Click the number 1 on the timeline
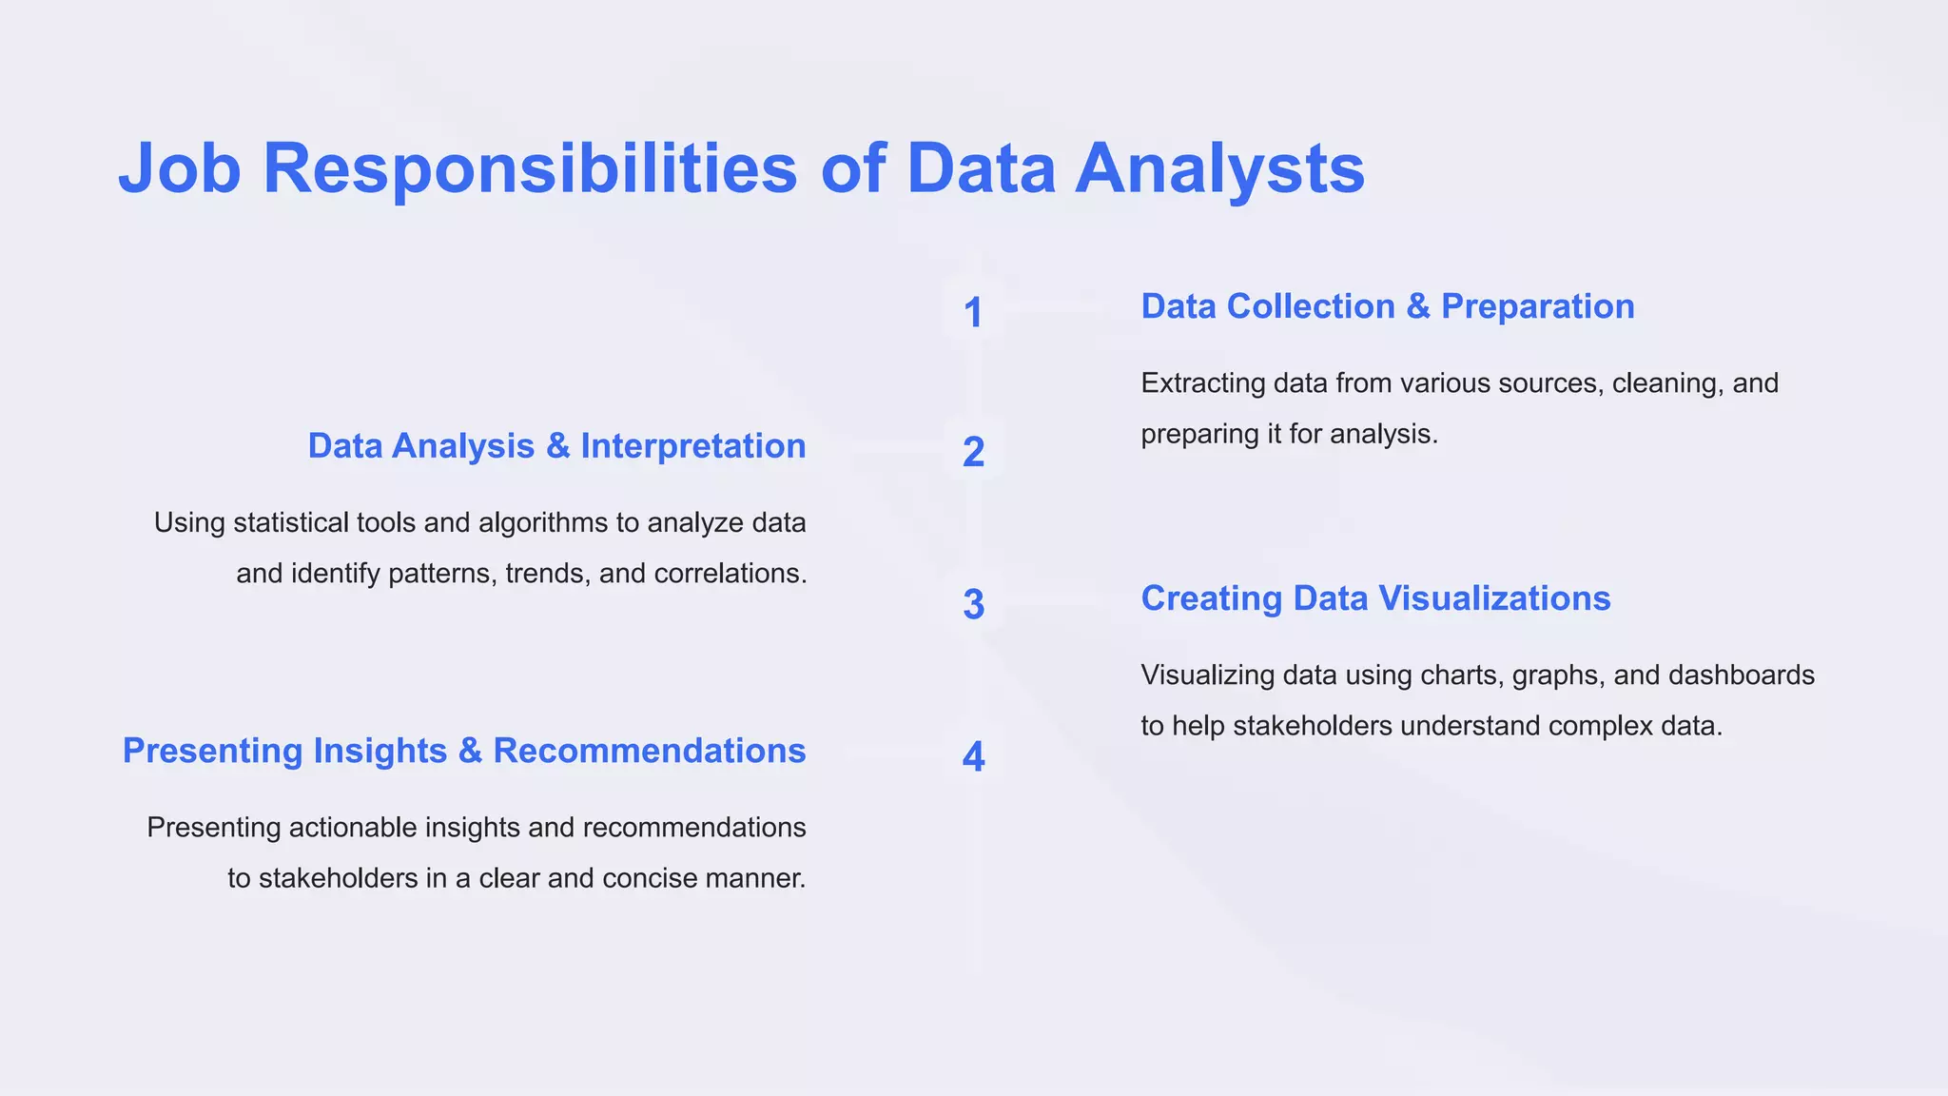pos(972,313)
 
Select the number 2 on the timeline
pos(973,452)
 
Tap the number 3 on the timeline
pos(973,604)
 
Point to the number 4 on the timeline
pos(973,756)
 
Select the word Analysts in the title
pos(1219,169)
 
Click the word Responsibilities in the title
pos(530,169)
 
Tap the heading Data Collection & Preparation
pos(1387,306)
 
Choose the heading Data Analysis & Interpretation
pos(556,445)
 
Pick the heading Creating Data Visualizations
pos(1375,598)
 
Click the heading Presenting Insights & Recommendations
pos(464,751)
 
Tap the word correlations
pos(730,574)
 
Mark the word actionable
pos(352,828)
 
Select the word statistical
pos(287,523)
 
